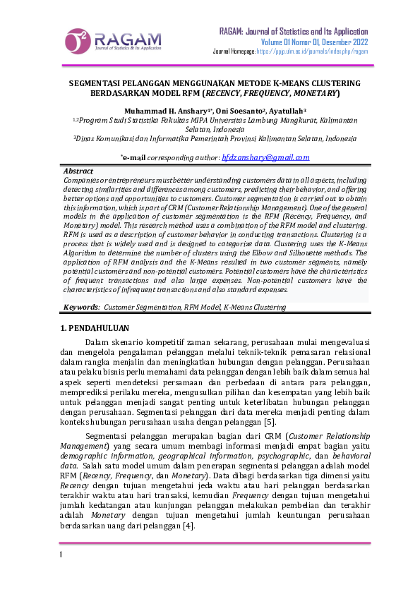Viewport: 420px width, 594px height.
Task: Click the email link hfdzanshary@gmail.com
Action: (265, 158)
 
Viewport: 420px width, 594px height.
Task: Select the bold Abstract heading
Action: (78, 171)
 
